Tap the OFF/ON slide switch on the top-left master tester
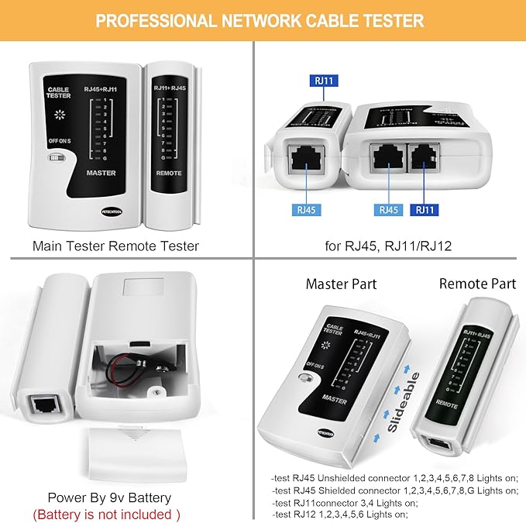pos(55,157)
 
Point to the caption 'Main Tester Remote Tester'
pos(115,246)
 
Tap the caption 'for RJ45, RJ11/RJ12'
pos(390,246)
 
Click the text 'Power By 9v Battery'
pos(109,497)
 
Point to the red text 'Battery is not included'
pos(106,514)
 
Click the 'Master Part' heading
pos(341,284)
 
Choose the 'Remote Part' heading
pos(477,284)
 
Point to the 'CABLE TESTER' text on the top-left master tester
pos(58,94)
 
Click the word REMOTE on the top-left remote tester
pos(168,174)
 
